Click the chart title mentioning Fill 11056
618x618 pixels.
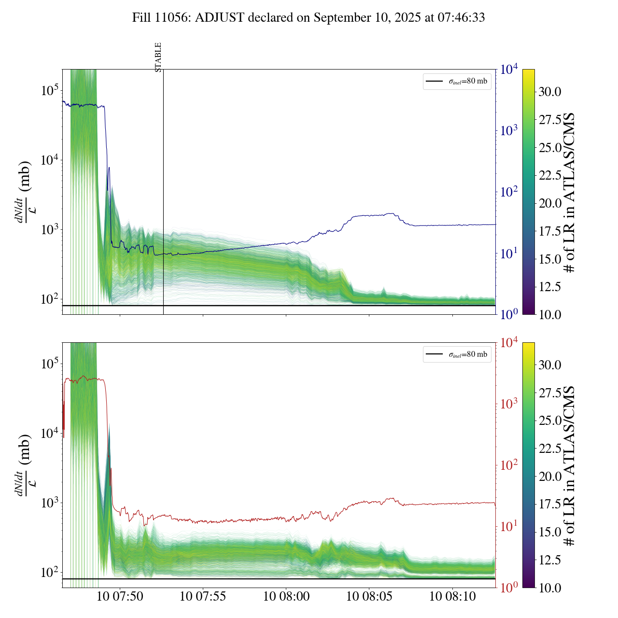tap(309, 18)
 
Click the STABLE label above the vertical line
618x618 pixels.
tap(158, 57)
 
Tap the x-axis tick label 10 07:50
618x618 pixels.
tap(120, 596)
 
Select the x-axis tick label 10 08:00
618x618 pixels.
tap(286, 596)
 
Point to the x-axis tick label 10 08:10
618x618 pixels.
tap(452, 596)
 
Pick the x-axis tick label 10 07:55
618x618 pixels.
tap(203, 596)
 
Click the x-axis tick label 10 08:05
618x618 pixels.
tap(369, 596)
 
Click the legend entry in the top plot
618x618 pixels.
tap(457, 81)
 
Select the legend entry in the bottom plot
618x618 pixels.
tap(457, 354)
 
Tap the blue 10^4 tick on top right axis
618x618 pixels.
tap(509, 70)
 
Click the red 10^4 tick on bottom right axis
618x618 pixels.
tap(509, 343)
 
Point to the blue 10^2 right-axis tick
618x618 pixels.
tap(509, 192)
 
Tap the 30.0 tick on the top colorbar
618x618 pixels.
tap(550, 92)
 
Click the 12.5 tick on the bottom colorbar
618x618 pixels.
tap(550, 560)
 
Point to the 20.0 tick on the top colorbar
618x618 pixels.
tap(550, 203)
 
